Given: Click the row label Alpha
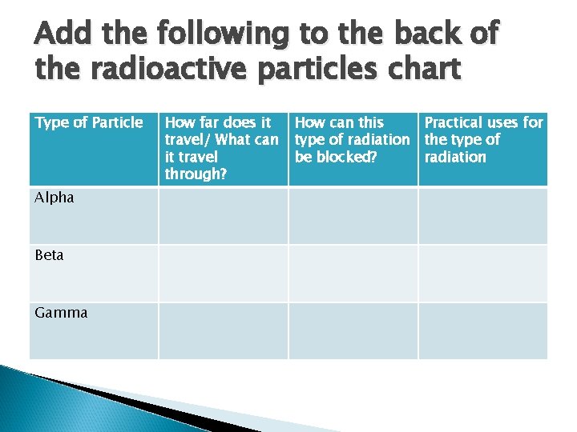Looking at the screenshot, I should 54,198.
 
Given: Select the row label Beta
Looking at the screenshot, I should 50,255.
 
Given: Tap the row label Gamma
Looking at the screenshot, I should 61,313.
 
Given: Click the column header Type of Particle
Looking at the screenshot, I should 88,122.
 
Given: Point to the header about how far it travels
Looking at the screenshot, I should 221,148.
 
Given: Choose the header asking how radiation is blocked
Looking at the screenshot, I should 352,139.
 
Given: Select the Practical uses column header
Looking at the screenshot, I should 482,139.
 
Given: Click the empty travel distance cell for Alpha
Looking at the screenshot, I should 223,216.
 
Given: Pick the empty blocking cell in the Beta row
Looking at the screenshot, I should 353,274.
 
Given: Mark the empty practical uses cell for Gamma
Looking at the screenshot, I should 482,330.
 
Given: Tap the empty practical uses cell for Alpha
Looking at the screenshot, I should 482,216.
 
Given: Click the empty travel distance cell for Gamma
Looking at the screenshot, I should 223,330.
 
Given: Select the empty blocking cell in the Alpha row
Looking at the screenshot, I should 353,216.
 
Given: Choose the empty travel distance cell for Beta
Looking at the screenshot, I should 223,274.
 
